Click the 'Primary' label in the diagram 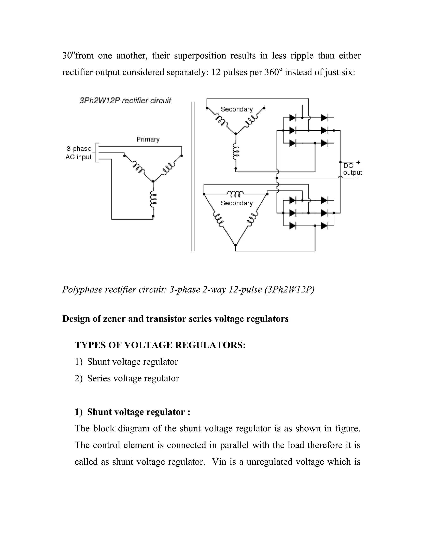[x=148, y=139]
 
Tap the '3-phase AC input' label [x=79, y=153]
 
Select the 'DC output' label [x=352, y=169]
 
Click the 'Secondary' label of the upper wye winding [x=236, y=109]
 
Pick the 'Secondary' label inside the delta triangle [x=236, y=203]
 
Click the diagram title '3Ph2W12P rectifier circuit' [x=125, y=101]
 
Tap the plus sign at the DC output [x=358, y=162]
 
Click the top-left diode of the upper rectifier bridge [x=292, y=117]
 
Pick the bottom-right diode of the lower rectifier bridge [x=324, y=226]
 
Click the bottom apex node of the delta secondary [x=235, y=245]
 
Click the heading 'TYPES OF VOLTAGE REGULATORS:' [x=160, y=345]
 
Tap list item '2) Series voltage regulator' [x=127, y=378]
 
